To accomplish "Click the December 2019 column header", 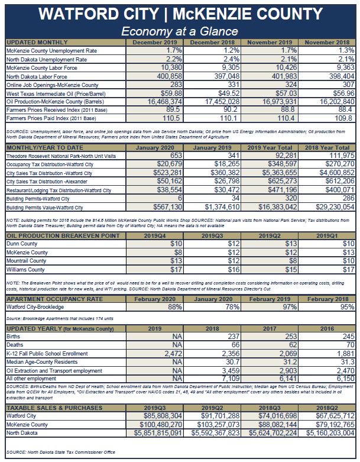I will click(155, 43).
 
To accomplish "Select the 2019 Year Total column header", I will click(270, 146).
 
